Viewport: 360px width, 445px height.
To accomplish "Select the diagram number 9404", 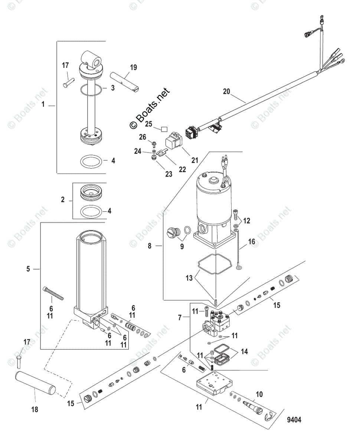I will point(294,420).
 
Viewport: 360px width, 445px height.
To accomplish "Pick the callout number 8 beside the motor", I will point(150,245).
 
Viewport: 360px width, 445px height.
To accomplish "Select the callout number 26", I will point(143,137).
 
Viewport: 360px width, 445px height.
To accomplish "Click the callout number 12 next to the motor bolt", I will point(246,221).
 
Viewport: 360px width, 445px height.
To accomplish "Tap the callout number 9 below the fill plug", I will point(182,246).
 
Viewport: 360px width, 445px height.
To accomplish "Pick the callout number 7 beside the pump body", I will point(180,317).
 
